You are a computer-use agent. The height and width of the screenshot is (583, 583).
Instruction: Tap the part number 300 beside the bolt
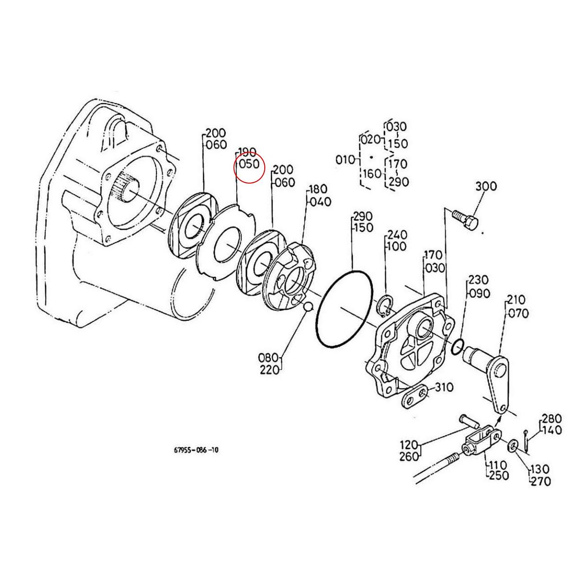[x=485, y=186]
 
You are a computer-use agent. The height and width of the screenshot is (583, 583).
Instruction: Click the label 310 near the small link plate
[x=444, y=388]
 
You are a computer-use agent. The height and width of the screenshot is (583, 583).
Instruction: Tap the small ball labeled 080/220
[x=307, y=307]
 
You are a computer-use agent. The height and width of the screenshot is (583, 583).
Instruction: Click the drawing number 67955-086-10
[x=196, y=450]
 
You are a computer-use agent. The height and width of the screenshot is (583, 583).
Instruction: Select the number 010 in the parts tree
[x=345, y=159]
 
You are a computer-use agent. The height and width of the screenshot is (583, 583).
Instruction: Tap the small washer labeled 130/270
[x=514, y=446]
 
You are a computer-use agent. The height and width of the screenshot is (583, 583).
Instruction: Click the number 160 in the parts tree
[x=373, y=173]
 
